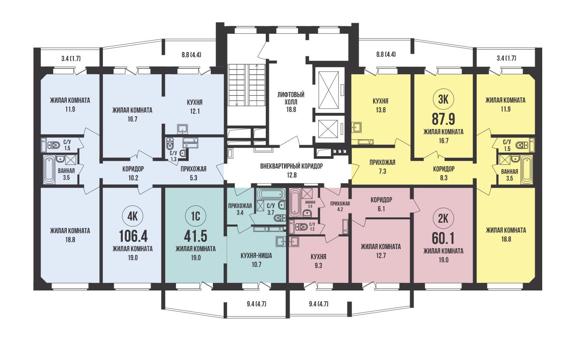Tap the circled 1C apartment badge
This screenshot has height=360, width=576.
click(195, 216)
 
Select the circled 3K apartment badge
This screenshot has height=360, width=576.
click(443, 99)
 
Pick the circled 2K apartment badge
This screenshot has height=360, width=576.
click(443, 219)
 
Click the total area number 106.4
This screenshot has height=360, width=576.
click(133, 236)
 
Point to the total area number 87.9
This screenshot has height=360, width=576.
click(443, 119)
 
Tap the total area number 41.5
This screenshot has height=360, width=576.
click(196, 236)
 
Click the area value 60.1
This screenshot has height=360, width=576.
click(443, 238)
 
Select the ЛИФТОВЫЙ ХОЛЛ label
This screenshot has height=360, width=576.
click(291, 98)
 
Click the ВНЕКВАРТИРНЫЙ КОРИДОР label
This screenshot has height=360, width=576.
click(291, 166)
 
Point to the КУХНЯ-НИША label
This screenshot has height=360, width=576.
click(256, 256)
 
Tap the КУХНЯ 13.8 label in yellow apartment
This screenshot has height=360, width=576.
click(381, 105)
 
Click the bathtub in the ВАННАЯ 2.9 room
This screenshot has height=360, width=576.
click(295, 202)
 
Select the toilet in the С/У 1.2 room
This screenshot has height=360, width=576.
click(302, 227)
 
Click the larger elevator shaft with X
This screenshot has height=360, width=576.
click(329, 90)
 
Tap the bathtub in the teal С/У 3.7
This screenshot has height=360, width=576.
click(271, 194)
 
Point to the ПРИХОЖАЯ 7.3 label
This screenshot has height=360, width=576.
click(383, 166)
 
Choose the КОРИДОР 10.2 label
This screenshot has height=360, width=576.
click(133, 173)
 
